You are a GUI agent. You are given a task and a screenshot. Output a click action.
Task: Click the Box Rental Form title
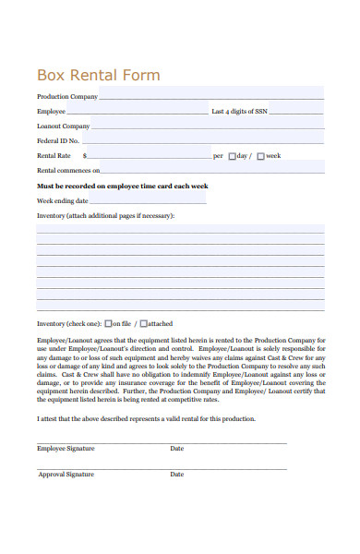click(98, 75)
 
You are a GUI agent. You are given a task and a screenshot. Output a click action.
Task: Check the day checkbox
click(233, 156)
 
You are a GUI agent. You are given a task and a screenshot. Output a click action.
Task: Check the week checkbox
click(261, 156)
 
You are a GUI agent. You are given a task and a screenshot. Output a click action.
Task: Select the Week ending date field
click(148, 199)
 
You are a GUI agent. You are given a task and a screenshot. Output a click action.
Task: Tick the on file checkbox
click(109, 323)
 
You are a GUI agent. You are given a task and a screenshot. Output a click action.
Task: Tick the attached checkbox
click(145, 323)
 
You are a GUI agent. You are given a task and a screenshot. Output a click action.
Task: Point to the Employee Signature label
click(66, 449)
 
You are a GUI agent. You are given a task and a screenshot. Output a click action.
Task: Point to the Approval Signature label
click(66, 475)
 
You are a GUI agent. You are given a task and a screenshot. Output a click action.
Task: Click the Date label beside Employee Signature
click(177, 449)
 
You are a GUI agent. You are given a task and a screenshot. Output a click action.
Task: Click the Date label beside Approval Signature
click(177, 475)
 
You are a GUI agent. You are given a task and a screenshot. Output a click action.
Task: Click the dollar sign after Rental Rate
click(85, 156)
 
